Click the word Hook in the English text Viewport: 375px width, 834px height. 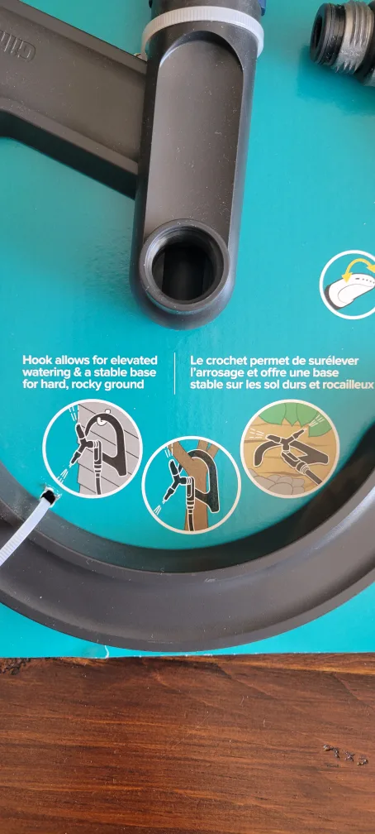point(36,361)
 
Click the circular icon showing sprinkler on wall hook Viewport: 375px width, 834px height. point(93,448)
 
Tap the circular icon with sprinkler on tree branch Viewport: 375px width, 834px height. point(191,484)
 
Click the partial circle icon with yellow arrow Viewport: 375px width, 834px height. point(350,284)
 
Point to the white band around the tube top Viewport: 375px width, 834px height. point(202,31)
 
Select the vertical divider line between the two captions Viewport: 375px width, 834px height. point(174,373)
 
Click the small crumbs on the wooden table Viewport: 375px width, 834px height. point(344,754)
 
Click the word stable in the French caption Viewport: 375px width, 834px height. point(206,385)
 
